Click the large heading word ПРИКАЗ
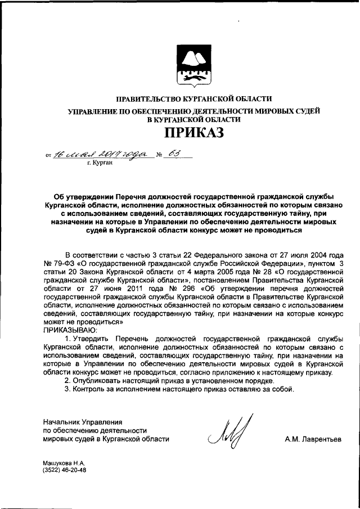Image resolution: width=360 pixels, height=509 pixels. [x=193, y=133]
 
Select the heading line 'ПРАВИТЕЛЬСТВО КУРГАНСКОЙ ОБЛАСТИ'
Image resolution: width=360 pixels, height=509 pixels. [x=193, y=99]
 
